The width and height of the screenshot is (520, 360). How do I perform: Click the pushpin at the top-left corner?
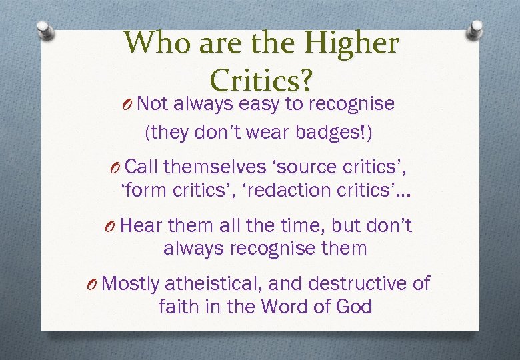43,30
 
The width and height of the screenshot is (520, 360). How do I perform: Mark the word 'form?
145,190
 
